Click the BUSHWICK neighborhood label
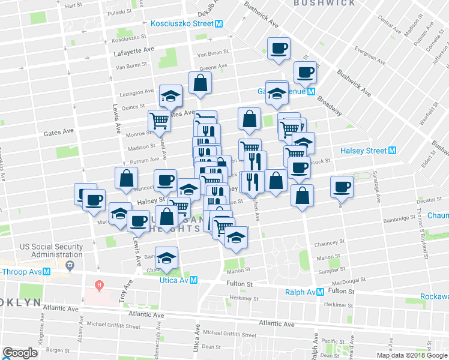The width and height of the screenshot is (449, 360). (325, 3)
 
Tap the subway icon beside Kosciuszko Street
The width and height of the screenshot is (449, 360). (219, 24)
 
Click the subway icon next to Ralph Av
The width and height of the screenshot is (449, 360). (321, 292)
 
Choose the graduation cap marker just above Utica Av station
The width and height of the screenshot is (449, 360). (167, 257)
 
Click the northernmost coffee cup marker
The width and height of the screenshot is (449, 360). (279, 48)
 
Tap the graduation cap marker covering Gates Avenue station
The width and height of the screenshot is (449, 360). (277, 93)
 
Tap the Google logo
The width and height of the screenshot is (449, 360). (20, 353)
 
